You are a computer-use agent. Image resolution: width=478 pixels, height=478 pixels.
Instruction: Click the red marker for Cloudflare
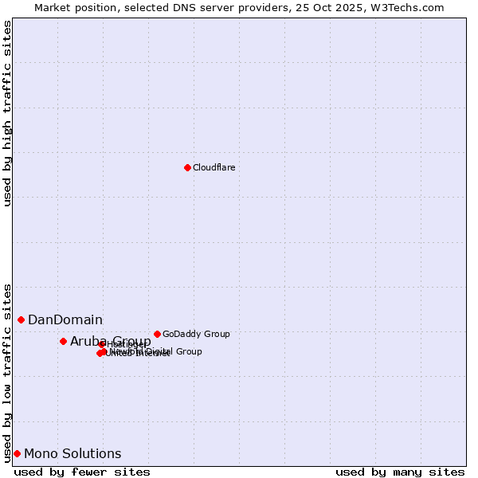point(187,167)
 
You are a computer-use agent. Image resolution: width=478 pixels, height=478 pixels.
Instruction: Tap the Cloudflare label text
point(214,167)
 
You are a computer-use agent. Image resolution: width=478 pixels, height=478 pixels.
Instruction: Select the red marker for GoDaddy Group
point(157,334)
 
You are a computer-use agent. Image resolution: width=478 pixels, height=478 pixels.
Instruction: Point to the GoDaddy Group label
point(196,334)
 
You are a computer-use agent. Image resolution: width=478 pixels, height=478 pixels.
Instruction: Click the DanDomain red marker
point(22,319)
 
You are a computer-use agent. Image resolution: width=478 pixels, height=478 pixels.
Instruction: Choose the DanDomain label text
point(65,320)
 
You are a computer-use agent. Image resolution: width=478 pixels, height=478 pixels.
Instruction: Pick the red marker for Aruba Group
point(63,341)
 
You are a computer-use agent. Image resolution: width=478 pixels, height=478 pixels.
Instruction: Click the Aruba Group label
point(110,342)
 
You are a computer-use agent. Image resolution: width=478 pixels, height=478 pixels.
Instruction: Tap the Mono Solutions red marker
point(17,453)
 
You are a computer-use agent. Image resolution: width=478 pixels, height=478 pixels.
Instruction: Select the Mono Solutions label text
point(72,454)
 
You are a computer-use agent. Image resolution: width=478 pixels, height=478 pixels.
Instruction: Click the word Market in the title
point(52,7)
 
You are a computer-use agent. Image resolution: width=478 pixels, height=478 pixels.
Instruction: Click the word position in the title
point(96,7)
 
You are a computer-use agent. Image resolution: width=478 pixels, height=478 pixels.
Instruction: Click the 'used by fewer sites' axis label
point(82,472)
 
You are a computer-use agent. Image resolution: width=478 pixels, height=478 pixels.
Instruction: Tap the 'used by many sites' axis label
point(400,472)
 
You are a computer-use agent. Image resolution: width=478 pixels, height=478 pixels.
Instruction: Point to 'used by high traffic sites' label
point(7,113)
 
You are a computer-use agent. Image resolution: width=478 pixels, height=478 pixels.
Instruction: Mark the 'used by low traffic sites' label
point(7,372)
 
